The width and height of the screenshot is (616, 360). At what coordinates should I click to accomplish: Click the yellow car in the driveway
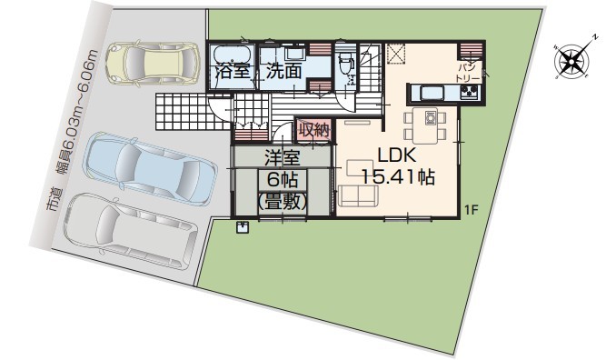tap(153, 64)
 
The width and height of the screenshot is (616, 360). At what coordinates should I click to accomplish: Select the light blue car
tap(151, 168)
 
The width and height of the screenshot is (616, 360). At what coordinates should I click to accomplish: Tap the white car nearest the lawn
tap(131, 230)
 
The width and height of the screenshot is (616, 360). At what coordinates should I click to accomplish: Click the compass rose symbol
tap(572, 61)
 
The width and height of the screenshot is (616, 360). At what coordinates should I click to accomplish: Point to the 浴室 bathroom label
tap(233, 72)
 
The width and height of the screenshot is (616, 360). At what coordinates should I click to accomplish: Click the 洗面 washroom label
tap(283, 71)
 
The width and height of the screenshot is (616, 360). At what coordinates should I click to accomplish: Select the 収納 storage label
tap(313, 130)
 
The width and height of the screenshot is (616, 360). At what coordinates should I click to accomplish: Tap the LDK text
tap(397, 155)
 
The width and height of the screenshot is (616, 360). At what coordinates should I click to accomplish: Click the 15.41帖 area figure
tap(398, 177)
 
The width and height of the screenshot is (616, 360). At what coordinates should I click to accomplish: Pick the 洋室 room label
tap(282, 157)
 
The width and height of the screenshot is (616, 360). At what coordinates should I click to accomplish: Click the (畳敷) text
tap(282, 202)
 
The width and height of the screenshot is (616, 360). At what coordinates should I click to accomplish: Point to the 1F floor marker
tap(471, 210)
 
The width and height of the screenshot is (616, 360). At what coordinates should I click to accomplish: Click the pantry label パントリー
tap(468, 73)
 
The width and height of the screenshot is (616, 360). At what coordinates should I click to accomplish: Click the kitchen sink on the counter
tap(432, 93)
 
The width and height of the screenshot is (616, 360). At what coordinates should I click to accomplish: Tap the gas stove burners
tap(470, 93)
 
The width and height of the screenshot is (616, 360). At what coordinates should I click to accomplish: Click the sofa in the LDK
tap(358, 195)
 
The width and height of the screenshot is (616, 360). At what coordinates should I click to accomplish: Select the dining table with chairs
tap(425, 125)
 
